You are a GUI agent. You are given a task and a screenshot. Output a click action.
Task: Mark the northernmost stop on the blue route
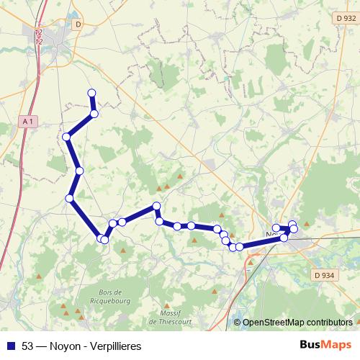click(91, 93)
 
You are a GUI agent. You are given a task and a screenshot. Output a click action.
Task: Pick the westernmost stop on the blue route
click(66, 136)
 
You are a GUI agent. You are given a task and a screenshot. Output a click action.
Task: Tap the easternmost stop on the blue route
click(294, 229)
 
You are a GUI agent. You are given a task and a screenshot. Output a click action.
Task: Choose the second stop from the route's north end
click(94, 113)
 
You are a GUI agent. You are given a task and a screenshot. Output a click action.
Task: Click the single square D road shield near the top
click(78, 23)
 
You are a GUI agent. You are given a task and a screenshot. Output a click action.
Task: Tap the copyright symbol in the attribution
click(238, 323)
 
